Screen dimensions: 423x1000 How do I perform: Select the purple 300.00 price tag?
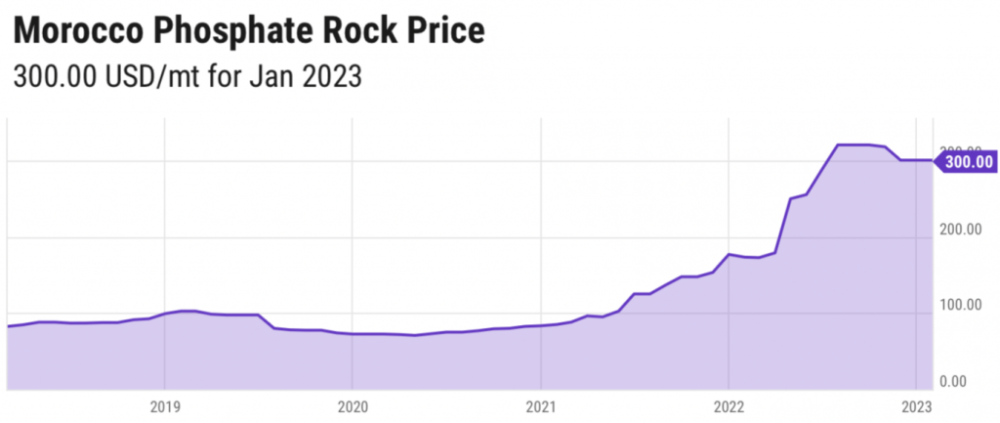pyautogui.click(x=967, y=161)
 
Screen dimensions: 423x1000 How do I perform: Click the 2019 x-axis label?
pyautogui.click(x=164, y=406)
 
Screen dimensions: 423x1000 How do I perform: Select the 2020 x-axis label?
pyautogui.click(x=352, y=406)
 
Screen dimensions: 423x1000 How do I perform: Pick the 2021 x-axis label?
pyautogui.click(x=540, y=406)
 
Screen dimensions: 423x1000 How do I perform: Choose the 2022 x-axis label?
pyautogui.click(x=728, y=406)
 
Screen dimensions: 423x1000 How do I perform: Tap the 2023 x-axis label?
pyautogui.click(x=916, y=406)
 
